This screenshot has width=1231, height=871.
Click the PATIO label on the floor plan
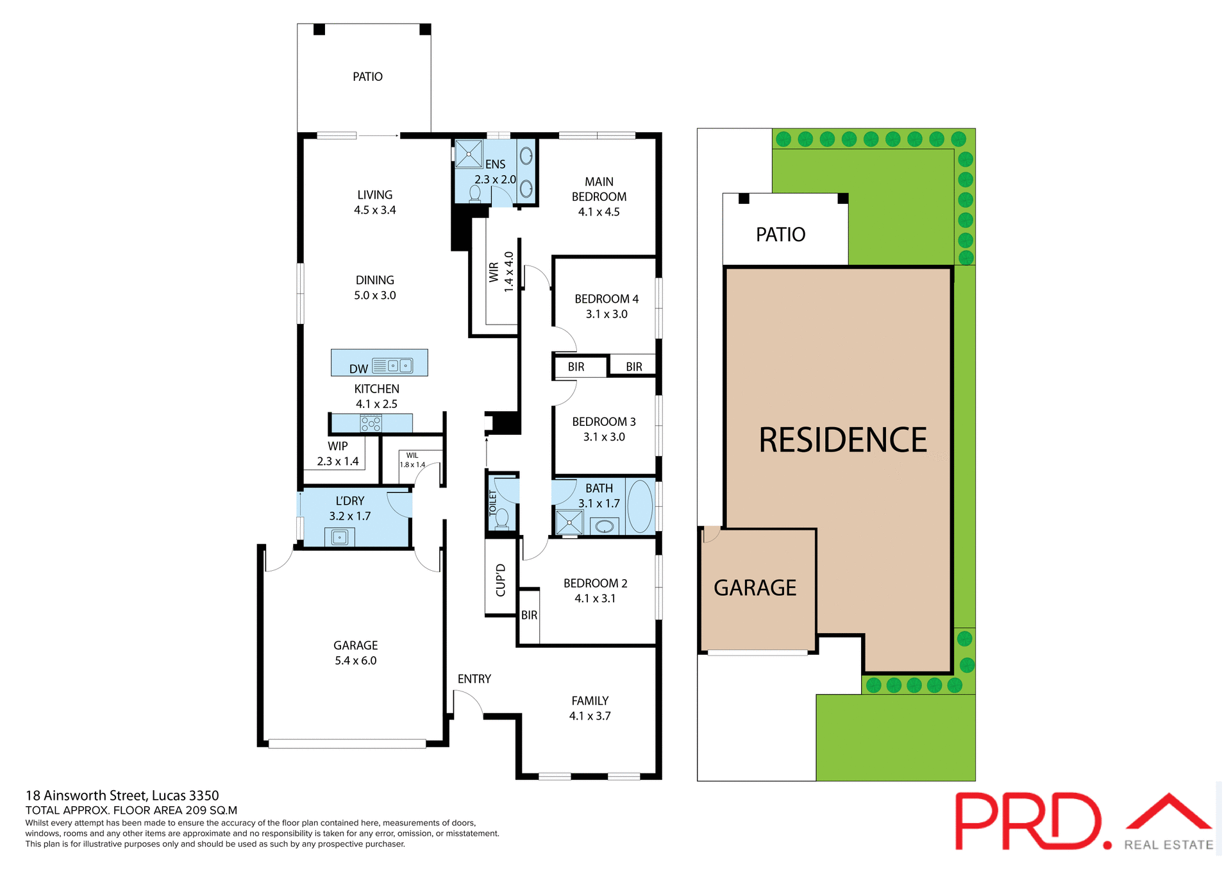tap(367, 77)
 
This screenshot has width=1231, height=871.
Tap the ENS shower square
tap(469, 155)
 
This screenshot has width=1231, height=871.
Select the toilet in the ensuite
tap(475, 193)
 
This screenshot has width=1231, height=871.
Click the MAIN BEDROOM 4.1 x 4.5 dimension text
tap(599, 212)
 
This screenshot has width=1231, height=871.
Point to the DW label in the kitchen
tap(358, 369)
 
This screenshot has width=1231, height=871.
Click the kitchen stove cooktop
tap(371, 423)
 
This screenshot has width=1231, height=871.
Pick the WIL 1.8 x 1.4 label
tap(412, 461)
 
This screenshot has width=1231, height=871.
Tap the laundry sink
tap(339, 537)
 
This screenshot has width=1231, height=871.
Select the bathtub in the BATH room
tap(639, 506)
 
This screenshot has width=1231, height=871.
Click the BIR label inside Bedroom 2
tap(529, 615)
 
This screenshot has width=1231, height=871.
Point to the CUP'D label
tap(501, 580)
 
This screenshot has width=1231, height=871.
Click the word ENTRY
tap(474, 679)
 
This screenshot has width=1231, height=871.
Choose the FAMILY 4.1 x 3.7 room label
tap(590, 708)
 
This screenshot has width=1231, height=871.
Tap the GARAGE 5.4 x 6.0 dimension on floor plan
tap(355, 661)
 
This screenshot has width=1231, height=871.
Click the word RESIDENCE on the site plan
tap(842, 440)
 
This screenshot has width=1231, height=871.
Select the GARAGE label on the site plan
tap(755, 588)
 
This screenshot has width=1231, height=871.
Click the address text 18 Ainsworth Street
tap(122, 795)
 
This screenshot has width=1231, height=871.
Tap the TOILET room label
tap(493, 503)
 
